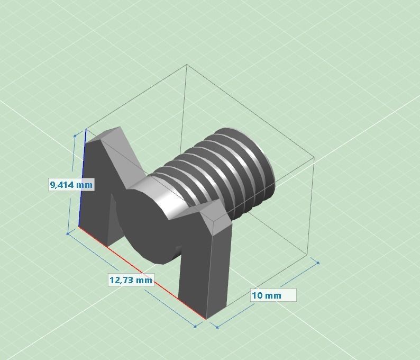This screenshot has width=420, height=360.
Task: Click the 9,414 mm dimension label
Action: click(x=71, y=184)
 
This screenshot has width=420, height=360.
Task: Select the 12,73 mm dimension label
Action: click(x=131, y=280)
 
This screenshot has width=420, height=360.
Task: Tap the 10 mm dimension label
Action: click(x=273, y=295)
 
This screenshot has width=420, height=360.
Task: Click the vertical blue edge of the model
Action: click(x=82, y=180)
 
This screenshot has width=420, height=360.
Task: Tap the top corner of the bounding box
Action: click(x=187, y=65)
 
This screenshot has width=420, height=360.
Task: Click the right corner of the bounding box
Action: click(x=314, y=157)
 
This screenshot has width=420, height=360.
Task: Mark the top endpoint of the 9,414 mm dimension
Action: click(x=75, y=136)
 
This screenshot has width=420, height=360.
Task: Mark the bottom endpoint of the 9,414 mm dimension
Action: click(x=68, y=233)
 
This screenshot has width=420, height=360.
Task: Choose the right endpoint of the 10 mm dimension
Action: click(x=318, y=262)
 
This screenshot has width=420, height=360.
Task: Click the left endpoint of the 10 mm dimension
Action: click(x=217, y=326)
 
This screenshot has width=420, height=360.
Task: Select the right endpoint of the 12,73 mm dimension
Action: click(x=195, y=326)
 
